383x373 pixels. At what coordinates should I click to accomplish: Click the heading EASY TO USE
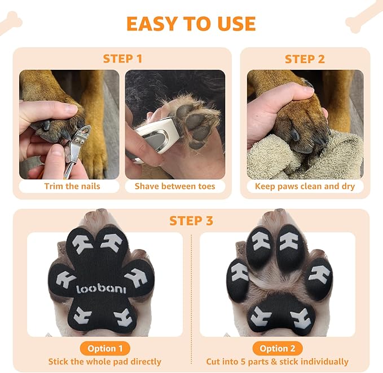(x=191, y=24)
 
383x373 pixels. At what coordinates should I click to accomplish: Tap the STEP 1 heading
(x=122, y=59)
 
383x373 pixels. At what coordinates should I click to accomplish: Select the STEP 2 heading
(x=304, y=59)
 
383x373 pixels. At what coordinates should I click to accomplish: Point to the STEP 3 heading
(x=191, y=221)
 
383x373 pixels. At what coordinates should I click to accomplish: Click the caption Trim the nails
(x=72, y=186)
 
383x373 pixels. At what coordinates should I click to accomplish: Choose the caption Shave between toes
(x=175, y=186)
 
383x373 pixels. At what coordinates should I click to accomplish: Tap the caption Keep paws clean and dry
(x=305, y=186)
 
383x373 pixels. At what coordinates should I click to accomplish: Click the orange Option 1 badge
(x=104, y=348)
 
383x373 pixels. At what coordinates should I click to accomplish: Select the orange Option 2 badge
(x=277, y=348)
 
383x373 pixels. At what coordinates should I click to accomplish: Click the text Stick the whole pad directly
(x=104, y=362)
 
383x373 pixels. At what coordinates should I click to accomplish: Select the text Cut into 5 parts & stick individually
(x=277, y=362)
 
